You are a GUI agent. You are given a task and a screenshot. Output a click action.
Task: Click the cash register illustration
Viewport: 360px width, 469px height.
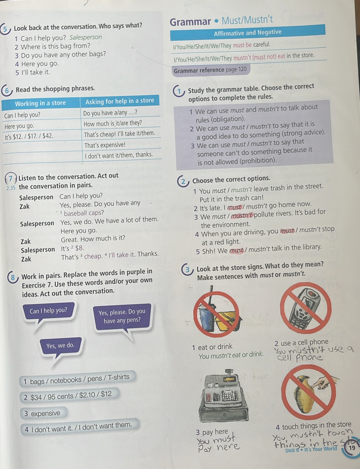223,396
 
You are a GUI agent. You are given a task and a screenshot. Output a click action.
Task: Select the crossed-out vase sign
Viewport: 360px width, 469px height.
309,392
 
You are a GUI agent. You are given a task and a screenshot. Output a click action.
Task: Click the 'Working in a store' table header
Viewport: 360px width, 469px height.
40,103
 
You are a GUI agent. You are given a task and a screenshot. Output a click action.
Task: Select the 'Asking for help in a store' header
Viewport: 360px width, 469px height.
120,101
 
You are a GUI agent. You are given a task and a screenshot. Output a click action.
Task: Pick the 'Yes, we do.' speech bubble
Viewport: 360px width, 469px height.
60,346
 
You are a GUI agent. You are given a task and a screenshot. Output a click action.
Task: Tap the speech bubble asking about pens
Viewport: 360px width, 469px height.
122,316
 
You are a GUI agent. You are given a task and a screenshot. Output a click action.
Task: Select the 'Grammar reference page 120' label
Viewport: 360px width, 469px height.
211,70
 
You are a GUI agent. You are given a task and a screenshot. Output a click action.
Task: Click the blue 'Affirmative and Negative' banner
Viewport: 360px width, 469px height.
248,33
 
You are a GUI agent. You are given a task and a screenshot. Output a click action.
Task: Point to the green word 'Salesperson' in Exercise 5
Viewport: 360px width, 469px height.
85,37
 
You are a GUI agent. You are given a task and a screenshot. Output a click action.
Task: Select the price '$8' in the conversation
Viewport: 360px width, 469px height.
79,248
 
